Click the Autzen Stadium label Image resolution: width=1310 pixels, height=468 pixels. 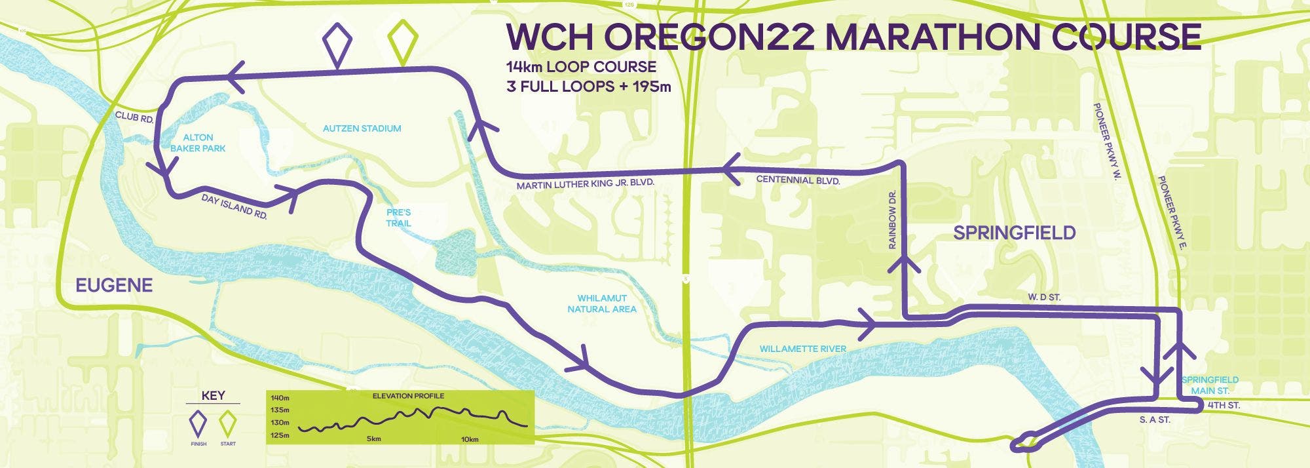click(x=362, y=128)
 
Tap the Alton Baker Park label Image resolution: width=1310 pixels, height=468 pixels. click(x=198, y=143)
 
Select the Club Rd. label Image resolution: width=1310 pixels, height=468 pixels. click(x=134, y=117)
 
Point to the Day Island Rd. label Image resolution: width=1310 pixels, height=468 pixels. click(x=234, y=206)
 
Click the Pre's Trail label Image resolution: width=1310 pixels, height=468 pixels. click(x=398, y=218)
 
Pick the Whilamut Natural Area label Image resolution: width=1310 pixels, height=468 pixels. click(x=601, y=303)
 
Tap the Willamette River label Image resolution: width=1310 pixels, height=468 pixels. click(x=802, y=349)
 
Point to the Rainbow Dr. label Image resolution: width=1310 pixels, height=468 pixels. click(x=892, y=220)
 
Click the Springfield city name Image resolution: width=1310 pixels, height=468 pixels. click(x=1014, y=233)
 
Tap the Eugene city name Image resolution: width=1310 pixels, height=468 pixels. click(x=114, y=285)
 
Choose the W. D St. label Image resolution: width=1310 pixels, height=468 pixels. click(x=1044, y=298)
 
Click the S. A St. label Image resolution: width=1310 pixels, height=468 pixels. click(x=1155, y=419)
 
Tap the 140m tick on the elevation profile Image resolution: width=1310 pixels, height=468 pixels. click(x=280, y=398)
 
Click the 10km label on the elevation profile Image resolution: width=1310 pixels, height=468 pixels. click(x=469, y=439)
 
